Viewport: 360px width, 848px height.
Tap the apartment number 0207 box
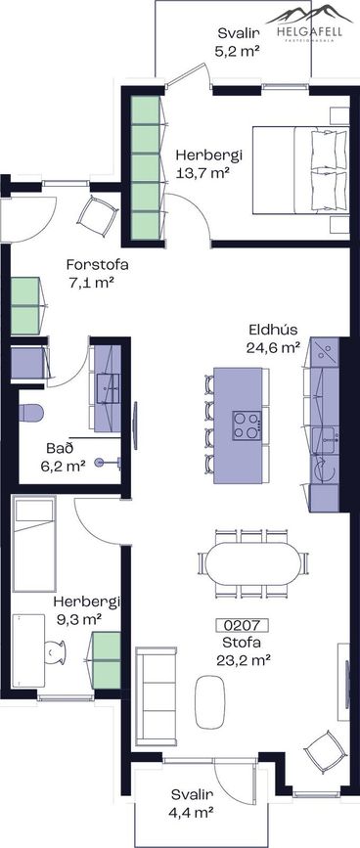(243, 626)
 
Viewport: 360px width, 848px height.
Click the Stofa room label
(242, 643)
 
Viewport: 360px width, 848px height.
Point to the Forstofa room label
(97, 265)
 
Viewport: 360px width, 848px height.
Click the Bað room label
(60, 448)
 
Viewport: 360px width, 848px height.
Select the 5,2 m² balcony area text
(239, 51)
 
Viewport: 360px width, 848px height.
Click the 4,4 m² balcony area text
(193, 812)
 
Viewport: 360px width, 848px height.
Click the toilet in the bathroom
(30, 413)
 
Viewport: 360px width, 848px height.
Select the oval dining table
(253, 563)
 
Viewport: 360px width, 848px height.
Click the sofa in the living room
(157, 694)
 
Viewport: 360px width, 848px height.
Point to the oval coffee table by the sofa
(209, 701)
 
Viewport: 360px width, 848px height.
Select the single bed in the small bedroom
(34, 544)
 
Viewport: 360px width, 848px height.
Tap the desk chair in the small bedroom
(54, 651)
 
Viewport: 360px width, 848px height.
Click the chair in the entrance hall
(97, 216)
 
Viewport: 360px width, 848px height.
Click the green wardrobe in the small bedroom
(107, 660)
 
